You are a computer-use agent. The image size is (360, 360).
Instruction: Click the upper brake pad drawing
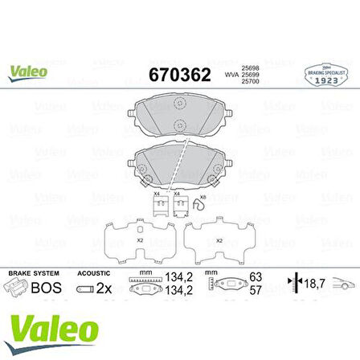[178, 115]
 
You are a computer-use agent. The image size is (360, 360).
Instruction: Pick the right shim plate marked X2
[211, 238]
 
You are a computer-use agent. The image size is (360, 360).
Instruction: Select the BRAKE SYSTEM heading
[27, 272]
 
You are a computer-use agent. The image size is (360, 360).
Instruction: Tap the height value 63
[256, 277]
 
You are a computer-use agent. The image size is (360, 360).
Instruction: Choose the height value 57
[256, 290]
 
